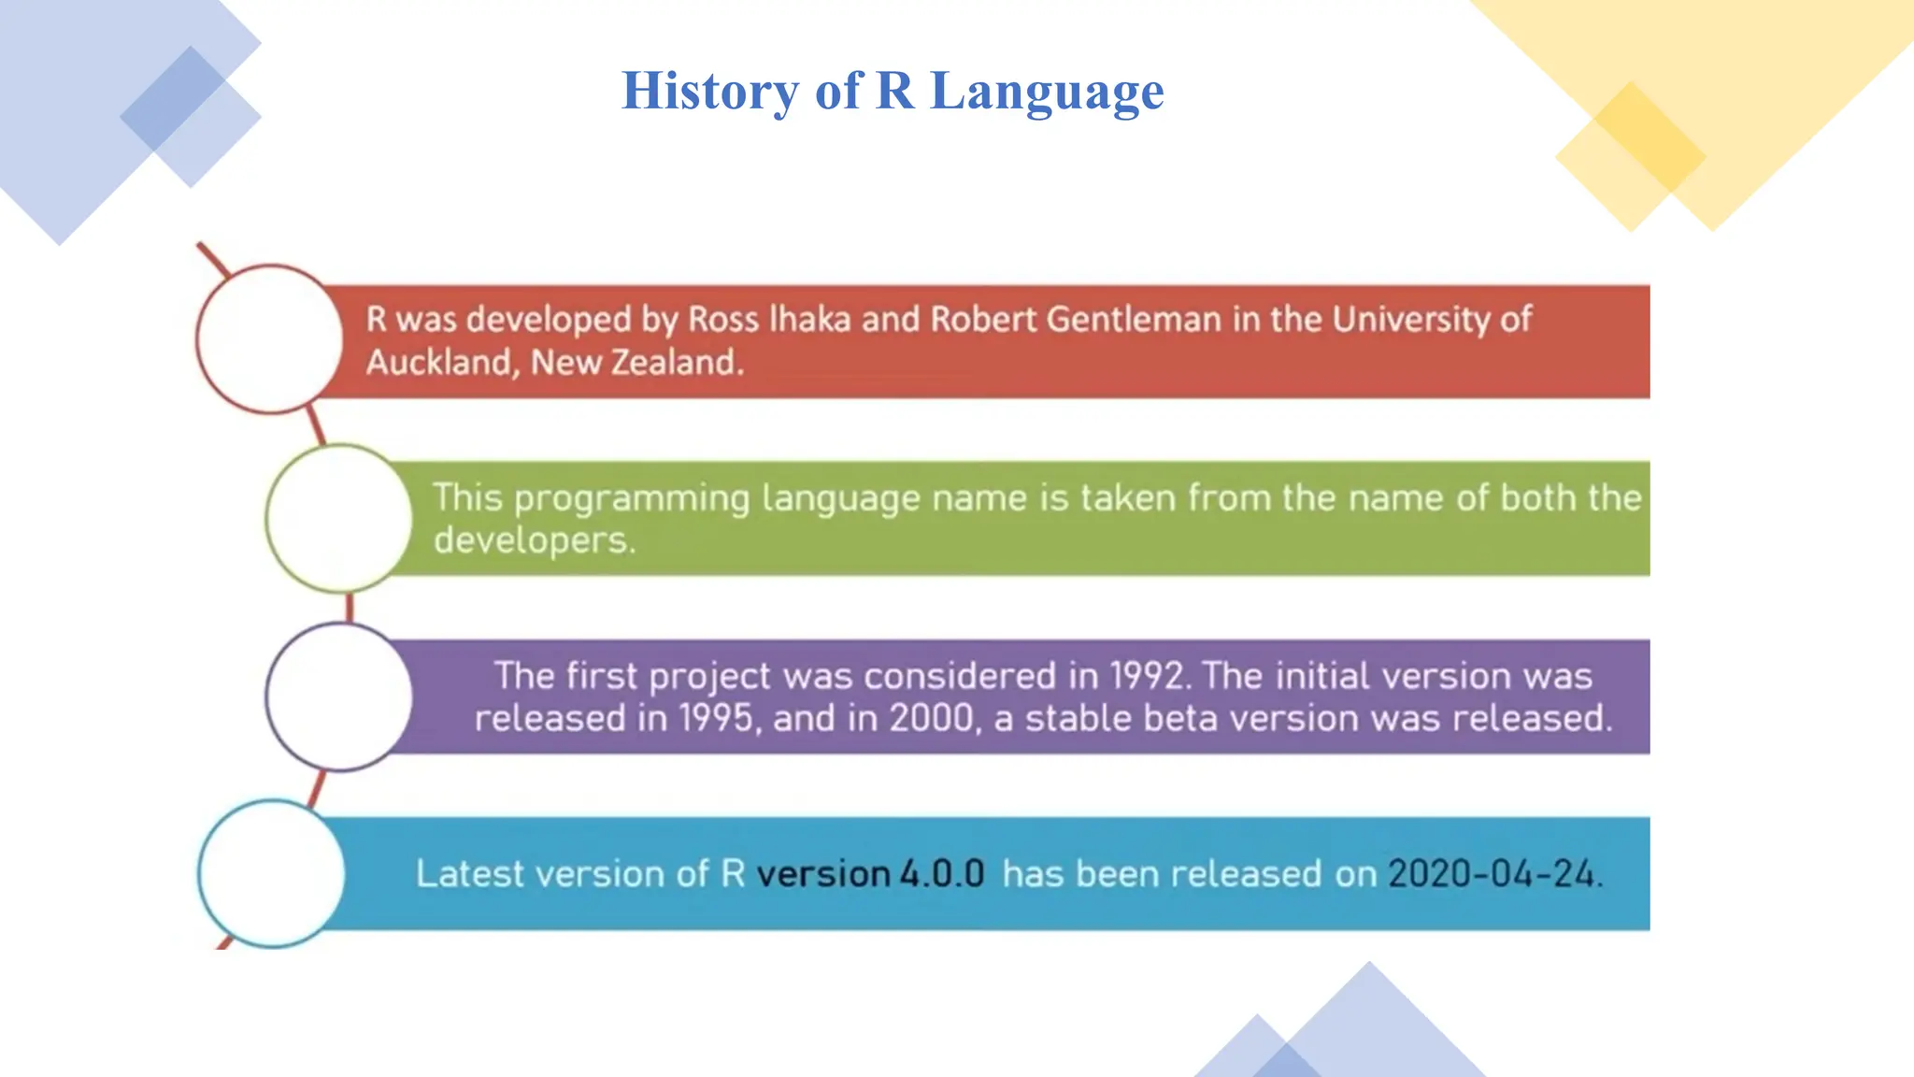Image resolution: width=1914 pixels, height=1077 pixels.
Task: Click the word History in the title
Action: (709, 91)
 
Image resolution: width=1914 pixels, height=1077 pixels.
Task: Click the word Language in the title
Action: (1047, 91)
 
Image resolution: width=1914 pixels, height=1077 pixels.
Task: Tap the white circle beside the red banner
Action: (270, 338)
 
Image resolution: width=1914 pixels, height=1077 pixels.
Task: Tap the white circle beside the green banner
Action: (338, 517)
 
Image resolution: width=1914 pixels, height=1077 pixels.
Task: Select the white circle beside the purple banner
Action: (338, 696)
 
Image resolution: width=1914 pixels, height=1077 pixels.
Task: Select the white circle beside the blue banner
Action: (271, 873)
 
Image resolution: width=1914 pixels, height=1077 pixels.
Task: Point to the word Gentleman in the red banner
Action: (1133, 320)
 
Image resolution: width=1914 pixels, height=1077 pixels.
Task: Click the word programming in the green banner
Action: (632, 499)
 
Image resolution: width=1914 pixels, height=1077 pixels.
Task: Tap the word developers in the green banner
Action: (534, 540)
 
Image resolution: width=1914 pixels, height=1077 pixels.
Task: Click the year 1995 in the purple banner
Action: (716, 718)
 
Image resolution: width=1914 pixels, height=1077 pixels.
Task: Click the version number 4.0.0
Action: (942, 874)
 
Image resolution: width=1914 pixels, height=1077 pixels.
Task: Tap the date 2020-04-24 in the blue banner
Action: (1493, 874)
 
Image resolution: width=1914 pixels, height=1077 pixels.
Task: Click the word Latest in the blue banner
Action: (470, 874)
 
